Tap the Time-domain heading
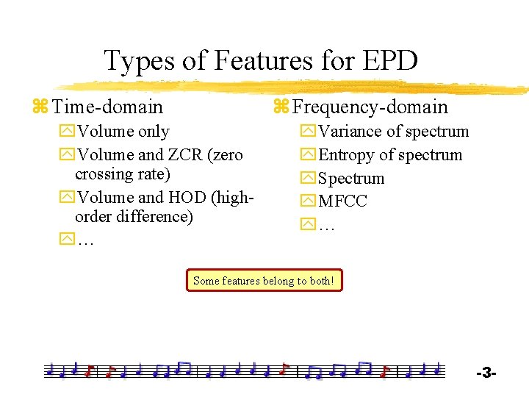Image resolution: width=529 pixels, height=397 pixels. [108, 107]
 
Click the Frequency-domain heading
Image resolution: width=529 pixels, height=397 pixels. [370, 107]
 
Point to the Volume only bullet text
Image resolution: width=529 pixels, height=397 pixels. [123, 132]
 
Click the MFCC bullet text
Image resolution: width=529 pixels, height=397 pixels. [342, 201]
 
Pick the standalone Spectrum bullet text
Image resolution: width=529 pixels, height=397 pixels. [351, 179]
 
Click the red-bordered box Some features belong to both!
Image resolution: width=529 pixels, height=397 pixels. [264, 280]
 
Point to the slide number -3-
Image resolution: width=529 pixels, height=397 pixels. [486, 373]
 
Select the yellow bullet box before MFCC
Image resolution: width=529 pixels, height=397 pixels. [307, 201]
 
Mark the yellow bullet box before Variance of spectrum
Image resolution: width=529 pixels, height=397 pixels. [307, 132]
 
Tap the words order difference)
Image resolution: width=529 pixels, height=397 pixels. [134, 217]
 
